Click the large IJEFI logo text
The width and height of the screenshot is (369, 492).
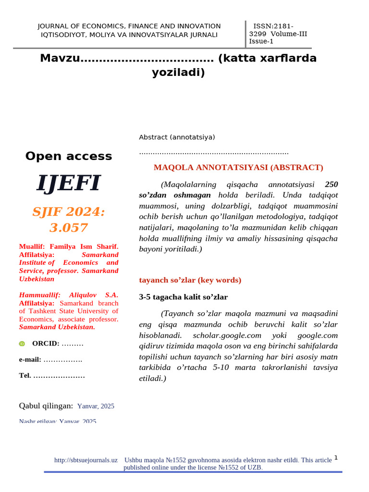coord(69,183)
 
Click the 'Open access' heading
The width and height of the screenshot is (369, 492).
coord(69,156)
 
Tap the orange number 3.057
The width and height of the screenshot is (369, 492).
coord(69,227)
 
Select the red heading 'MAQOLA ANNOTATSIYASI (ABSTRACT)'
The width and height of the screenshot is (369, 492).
coord(238,168)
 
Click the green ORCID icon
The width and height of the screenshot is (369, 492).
coord(22,344)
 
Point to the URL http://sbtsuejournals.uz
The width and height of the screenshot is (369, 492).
coord(86,460)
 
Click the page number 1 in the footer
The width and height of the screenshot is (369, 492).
coord(336,458)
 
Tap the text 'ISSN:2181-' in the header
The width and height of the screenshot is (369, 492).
coord(273,26)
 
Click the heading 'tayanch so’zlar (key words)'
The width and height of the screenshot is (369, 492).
coord(190,280)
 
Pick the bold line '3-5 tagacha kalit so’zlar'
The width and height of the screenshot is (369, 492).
coord(183,297)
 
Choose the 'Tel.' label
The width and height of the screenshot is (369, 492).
coord(25,375)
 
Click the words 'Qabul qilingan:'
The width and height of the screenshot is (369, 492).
coord(46,406)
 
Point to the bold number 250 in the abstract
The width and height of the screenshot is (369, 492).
coord(331,184)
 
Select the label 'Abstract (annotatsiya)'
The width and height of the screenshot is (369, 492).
coord(177,137)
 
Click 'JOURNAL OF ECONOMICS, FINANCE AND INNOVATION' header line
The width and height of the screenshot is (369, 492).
coord(129,26)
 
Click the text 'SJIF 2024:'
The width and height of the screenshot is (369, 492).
coord(69,212)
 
